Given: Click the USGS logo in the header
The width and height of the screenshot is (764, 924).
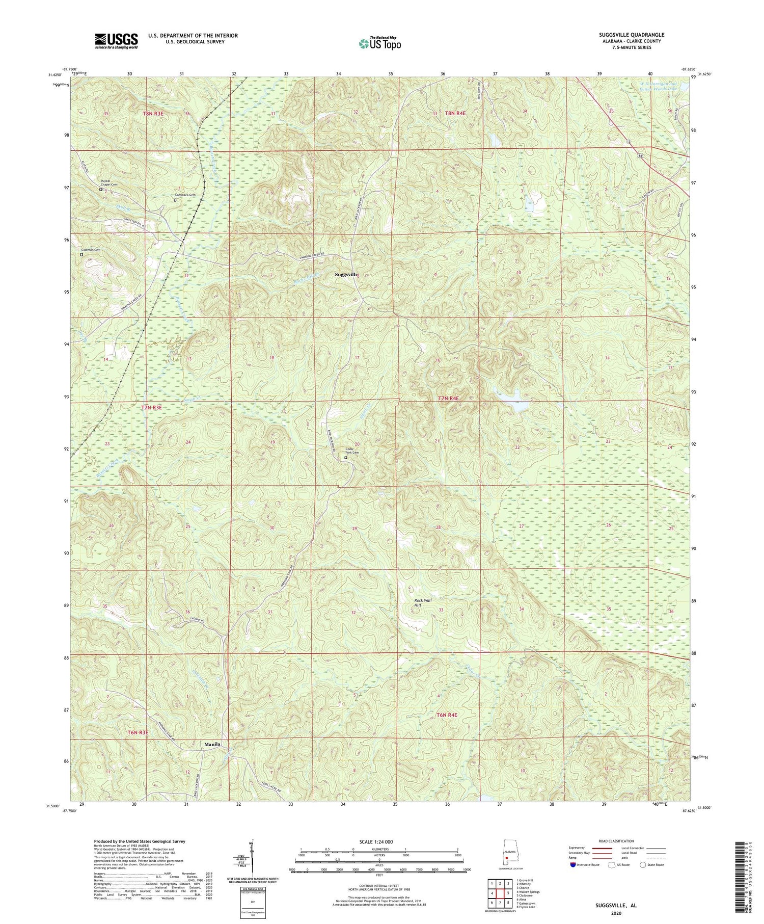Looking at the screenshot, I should pos(116,41).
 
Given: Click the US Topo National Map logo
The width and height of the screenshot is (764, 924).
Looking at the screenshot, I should pos(379,43).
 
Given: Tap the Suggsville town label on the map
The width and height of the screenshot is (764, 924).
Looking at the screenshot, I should pos(346,274).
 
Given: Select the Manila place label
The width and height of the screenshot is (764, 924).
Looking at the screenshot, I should pos(212,744).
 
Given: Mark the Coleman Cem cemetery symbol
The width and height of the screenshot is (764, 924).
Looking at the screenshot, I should pos(81,254).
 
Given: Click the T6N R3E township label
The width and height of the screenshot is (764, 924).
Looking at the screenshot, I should pos(138,732).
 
